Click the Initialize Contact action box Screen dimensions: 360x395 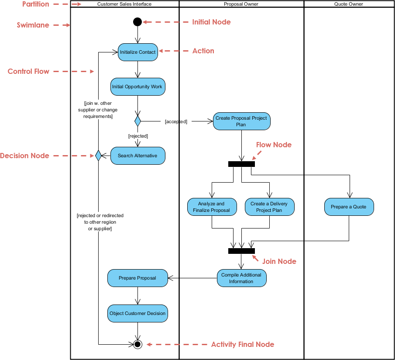pos(137,52)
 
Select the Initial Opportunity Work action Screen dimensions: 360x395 pos(137,87)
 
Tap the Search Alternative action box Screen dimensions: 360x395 pos(137,156)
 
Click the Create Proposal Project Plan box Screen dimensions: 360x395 pos(242,121)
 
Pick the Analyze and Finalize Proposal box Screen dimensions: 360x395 pos(212,207)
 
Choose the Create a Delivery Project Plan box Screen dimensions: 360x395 pos(269,207)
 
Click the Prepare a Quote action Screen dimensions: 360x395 pos(349,207)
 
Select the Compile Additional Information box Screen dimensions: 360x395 pos(241,278)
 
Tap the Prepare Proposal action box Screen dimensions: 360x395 pos(137,278)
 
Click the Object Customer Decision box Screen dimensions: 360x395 pos(137,313)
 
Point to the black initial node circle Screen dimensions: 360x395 pos(137,21)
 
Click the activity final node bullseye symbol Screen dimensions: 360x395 pos(137,344)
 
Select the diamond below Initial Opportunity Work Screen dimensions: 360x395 pos(137,121)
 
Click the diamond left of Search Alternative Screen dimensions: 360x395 pos(98,156)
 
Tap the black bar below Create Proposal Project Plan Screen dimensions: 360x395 pos(241,164)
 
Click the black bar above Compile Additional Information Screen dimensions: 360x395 pos(241,251)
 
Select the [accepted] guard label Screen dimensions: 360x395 pos(176,121)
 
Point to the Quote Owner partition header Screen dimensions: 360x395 pos(349,4)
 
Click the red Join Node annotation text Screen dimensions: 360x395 pos(279,261)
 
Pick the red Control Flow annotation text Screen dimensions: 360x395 pos(28,71)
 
